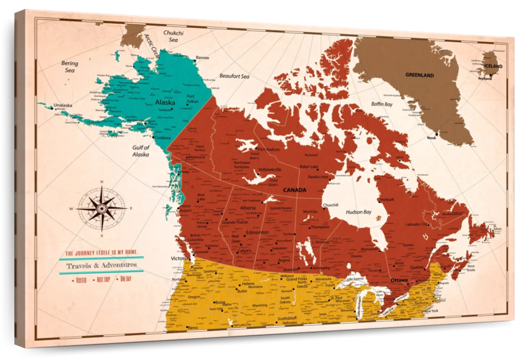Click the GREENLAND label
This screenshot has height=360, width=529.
click(420, 75)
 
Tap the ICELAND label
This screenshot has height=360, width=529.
click(493, 66)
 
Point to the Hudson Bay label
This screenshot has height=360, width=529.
click(358, 212)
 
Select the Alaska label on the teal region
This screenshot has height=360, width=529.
click(165, 102)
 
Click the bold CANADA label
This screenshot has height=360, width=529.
click(294, 190)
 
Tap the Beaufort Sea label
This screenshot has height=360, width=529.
click(234, 76)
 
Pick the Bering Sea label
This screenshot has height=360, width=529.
click(69, 66)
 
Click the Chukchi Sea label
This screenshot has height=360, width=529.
click(173, 36)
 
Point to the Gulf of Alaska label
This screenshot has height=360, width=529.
click(141, 151)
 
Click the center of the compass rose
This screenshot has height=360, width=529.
click(102, 208)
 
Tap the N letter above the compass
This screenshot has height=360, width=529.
click(101, 182)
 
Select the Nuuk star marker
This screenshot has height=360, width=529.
click(437, 134)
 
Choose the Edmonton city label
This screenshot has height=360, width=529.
click(257, 232)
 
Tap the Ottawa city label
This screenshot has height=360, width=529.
click(399, 280)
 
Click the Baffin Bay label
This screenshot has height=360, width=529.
click(382, 105)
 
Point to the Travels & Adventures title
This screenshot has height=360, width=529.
click(101, 265)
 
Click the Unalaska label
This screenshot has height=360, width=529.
click(62, 105)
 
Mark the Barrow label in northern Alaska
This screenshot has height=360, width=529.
click(202, 58)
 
